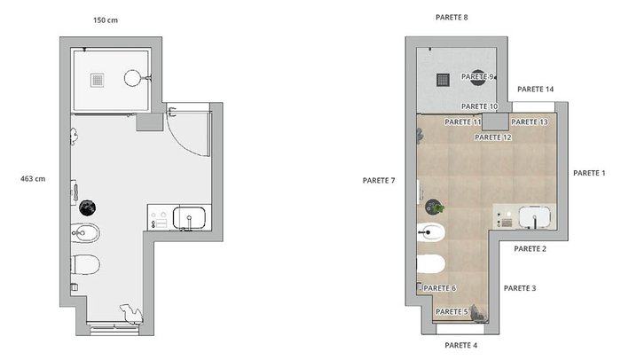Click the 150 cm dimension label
[106, 20]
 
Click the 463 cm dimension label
[33, 179]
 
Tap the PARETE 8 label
[452, 18]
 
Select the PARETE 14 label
[536, 90]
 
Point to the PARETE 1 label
[589, 173]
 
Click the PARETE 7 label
[379, 181]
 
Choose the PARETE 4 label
[461, 345]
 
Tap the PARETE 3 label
[520, 288]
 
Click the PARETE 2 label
[530, 248]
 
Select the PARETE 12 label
[493, 137]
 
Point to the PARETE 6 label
[440, 288]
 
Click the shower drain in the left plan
[97, 80]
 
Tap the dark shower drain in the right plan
[443, 80]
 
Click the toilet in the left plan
[85, 264]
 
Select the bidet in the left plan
[85, 233]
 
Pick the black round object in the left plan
[88, 207]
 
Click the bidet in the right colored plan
[431, 233]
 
